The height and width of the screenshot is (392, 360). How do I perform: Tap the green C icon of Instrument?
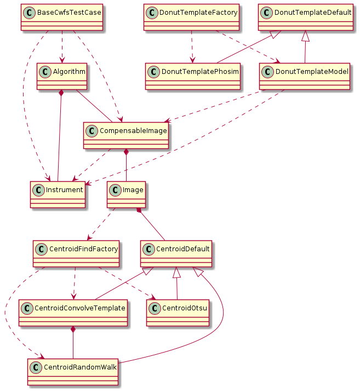[x=38, y=190]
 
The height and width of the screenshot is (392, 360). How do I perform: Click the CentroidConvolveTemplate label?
[x=79, y=308]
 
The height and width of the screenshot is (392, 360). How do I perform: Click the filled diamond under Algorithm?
[x=61, y=94]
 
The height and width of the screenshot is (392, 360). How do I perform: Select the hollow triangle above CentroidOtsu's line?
[x=176, y=272]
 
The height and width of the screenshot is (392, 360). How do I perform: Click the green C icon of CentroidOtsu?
[x=155, y=308]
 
